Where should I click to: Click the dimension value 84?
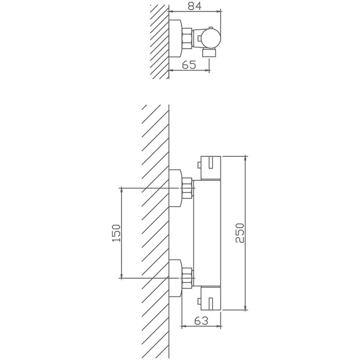194,6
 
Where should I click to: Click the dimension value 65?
189,65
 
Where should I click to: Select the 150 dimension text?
116,233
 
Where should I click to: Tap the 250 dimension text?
239,233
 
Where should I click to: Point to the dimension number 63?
201,320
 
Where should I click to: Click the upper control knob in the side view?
211,168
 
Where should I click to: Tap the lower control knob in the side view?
211,298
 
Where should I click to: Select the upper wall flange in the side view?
175,188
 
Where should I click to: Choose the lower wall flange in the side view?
175,278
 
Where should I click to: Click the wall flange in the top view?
175,39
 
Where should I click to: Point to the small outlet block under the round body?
209,53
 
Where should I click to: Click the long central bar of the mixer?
207,233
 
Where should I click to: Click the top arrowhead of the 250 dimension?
246,158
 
